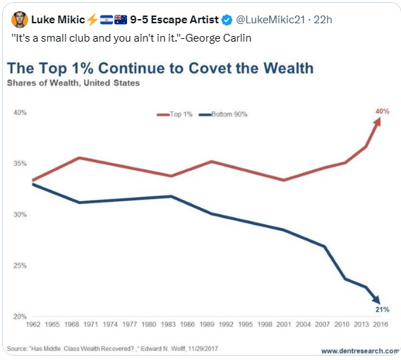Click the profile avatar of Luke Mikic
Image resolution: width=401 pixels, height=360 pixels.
[x=20, y=20]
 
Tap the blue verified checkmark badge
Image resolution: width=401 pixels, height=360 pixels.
[x=227, y=20]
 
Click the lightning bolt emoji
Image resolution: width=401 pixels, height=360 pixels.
[x=92, y=20]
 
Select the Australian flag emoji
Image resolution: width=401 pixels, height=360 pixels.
[x=121, y=20]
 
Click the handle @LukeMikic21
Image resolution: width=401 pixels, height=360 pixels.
[x=270, y=20]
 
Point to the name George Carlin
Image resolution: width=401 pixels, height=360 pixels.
[x=218, y=38]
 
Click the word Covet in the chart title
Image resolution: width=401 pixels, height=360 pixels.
[x=210, y=68]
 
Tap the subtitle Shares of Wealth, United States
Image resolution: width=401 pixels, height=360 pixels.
[x=73, y=83]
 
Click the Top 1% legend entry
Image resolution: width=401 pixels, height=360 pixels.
[x=174, y=114]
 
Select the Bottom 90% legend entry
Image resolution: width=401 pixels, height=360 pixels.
[x=223, y=114]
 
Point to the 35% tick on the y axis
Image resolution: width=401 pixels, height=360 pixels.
[x=20, y=163]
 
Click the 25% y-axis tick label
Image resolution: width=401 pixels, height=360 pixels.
[x=20, y=265]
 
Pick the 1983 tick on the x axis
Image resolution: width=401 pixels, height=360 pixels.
[x=168, y=325]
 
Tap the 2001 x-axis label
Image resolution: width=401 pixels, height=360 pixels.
[x=284, y=325]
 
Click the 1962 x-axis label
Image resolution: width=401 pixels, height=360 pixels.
[x=33, y=325]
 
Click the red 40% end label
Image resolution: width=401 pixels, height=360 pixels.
[x=383, y=112]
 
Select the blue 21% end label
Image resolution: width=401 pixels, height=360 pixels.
[x=383, y=310]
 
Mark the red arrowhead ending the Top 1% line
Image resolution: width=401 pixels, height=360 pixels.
[x=378, y=121]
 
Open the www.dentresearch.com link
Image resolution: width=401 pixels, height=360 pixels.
[x=360, y=351]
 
